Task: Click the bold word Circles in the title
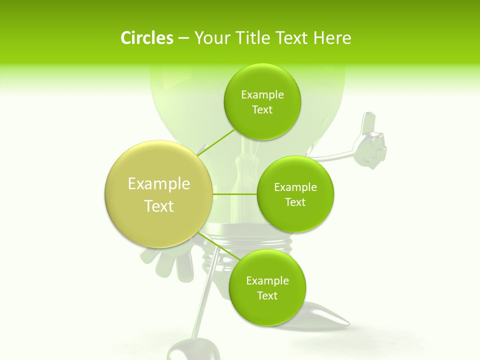tap(146, 38)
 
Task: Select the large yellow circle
tap(158, 194)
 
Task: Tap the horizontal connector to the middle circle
tap(234, 194)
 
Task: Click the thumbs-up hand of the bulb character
tap(370, 144)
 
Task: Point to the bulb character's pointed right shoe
tap(327, 314)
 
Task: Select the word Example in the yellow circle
tap(159, 184)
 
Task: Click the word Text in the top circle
tap(262, 110)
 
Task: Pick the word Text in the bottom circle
tap(267, 296)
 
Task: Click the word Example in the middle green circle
tap(295, 187)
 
